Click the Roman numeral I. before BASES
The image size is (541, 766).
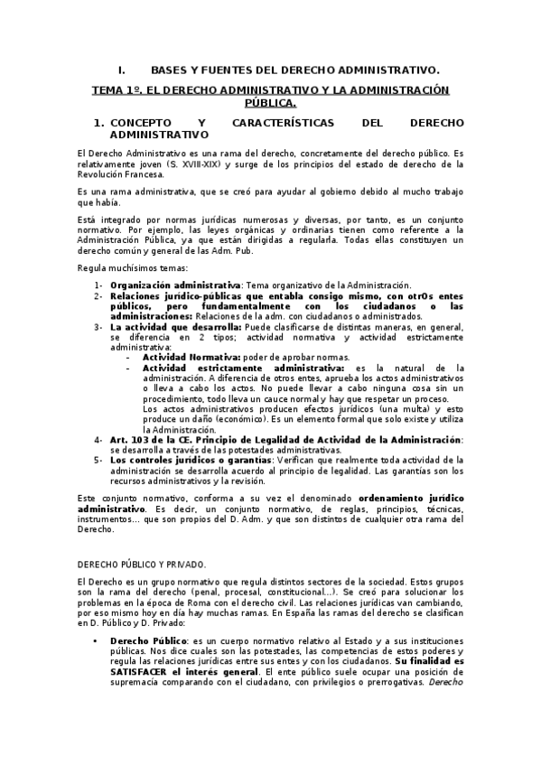tap(122, 70)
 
